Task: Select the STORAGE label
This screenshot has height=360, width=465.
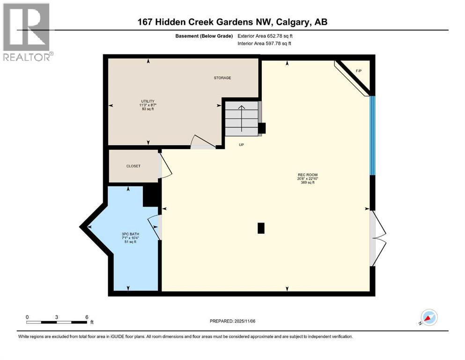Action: tap(222, 78)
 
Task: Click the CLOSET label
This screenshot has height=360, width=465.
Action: tap(133, 166)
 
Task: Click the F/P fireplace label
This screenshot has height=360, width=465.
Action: tap(359, 71)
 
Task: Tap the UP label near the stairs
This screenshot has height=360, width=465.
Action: tap(242, 145)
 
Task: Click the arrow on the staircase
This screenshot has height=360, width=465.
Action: tap(242, 119)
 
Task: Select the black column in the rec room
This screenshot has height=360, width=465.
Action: tap(261, 228)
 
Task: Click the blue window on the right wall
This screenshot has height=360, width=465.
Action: tap(372, 135)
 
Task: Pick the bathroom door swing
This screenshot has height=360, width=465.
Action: tap(155, 227)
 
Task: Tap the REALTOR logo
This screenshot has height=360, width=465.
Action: tap(27, 32)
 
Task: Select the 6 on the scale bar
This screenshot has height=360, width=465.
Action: tap(87, 317)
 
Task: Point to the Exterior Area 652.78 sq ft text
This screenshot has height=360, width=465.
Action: tap(267, 36)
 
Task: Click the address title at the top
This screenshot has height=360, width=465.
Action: tap(232, 22)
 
